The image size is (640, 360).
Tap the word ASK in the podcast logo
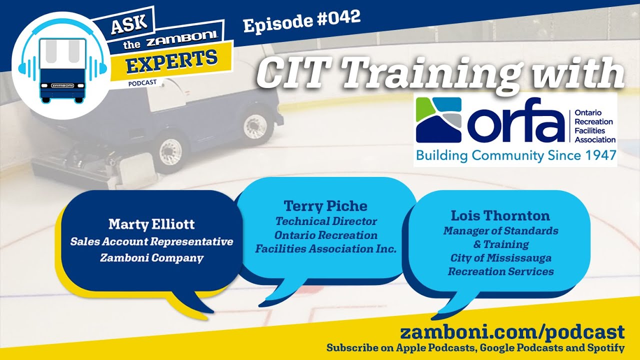129,23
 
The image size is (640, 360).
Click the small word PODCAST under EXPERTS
142,83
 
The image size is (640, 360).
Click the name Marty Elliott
151,224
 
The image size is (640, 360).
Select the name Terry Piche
325,206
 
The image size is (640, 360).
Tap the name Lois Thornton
500,215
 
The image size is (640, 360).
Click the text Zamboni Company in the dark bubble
151,258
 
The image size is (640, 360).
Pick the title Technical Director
326,221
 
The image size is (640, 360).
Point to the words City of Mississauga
500,258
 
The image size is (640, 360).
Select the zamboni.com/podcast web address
512,332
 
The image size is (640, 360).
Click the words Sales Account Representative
151,242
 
